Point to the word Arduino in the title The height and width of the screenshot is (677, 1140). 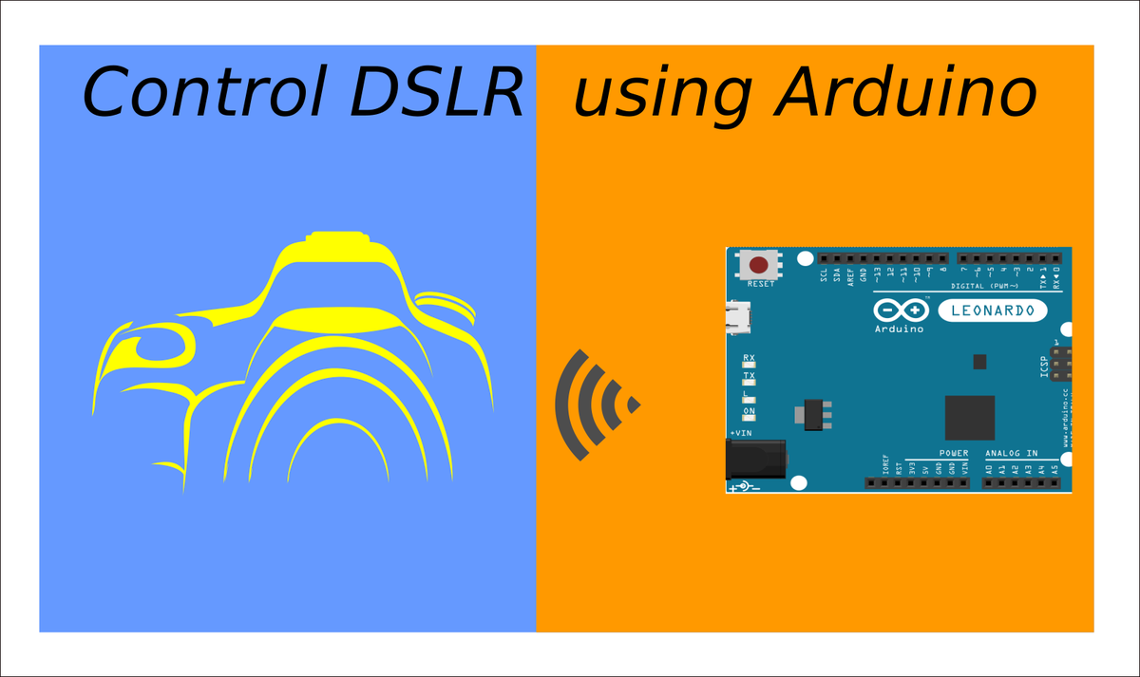pos(906,92)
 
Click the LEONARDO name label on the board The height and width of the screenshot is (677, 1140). pos(993,310)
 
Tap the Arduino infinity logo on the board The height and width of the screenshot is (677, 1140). pos(900,310)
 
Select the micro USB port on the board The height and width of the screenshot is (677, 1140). pos(737,317)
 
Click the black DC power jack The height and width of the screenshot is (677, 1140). pos(755,460)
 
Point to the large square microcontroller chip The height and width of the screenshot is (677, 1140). pos(969,418)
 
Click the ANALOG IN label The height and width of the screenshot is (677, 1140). pos(1012,454)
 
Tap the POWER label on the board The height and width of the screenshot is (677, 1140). pos(954,454)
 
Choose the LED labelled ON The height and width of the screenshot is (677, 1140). pos(749,419)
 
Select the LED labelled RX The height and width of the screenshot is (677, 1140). pos(749,366)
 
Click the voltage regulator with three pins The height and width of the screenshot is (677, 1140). pos(814,414)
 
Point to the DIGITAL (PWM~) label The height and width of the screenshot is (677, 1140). pos(984,286)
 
